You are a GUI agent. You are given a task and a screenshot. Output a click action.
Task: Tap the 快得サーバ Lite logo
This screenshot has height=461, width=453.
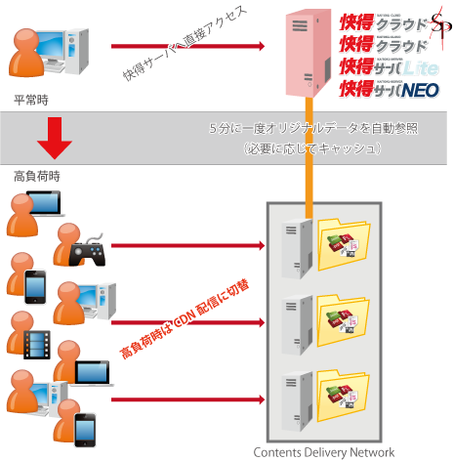click(389, 66)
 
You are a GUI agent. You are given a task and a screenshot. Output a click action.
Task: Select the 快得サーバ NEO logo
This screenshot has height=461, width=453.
click(389, 89)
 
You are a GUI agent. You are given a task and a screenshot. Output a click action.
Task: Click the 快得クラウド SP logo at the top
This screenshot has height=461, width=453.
click(389, 21)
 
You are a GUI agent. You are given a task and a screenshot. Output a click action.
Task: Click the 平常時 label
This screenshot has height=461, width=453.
click(31, 100)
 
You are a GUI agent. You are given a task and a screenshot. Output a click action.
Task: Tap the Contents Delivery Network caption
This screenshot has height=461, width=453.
click(324, 451)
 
